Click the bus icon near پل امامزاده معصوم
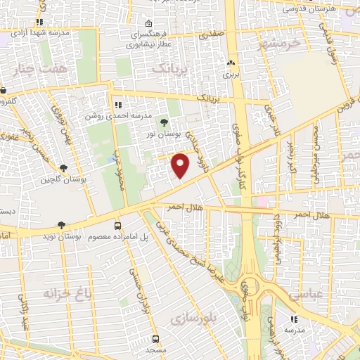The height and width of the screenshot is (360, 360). point(117,226)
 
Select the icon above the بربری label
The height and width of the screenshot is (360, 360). point(231,63)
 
